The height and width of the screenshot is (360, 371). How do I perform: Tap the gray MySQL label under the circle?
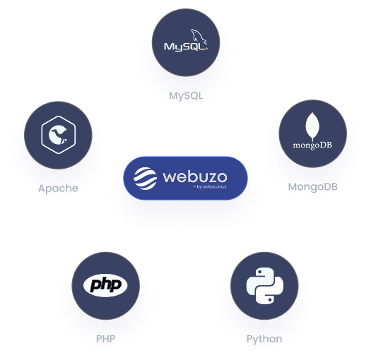pos(186,96)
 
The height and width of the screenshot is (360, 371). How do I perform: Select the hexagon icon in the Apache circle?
pos(58,135)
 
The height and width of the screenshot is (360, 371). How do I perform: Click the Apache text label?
pos(58,188)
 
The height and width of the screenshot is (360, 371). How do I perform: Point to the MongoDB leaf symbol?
pos(312,126)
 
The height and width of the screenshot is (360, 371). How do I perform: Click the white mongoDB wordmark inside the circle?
pos(312,145)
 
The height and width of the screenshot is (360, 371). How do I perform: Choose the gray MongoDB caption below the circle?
pos(312,187)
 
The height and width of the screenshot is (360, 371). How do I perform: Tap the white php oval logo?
pos(105,285)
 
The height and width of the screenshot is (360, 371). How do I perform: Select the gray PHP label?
pos(105,339)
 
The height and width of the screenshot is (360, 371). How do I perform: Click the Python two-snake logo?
pos(264,286)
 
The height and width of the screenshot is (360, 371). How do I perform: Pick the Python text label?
pos(264,340)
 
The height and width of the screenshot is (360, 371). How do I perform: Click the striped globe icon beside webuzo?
pos(145,179)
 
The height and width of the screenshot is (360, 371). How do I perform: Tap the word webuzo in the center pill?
pos(195,176)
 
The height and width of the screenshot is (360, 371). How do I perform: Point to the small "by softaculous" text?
pos(210,187)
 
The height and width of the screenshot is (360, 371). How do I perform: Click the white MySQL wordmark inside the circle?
pos(186,47)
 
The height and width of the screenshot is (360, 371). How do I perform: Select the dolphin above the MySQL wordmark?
pos(199,37)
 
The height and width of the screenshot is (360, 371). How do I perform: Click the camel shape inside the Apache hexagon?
pos(58,135)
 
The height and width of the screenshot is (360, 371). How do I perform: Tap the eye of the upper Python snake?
pos(260,272)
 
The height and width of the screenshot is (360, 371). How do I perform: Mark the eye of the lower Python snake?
pos(269,299)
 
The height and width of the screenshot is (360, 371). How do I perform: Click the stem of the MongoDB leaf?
pos(313,138)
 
